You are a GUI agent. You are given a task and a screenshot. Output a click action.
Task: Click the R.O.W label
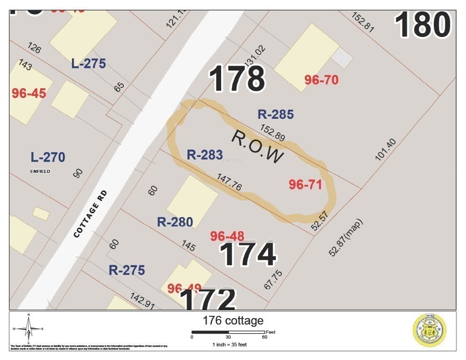[x=258, y=147]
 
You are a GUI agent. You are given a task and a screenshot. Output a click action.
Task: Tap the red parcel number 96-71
[x=305, y=184]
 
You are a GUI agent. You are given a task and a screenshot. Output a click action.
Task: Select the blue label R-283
[x=204, y=155]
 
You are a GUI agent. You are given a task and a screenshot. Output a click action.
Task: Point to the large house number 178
[x=237, y=79]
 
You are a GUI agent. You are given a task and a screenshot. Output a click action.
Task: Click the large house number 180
[x=423, y=25]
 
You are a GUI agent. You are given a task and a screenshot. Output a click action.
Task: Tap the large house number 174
[x=248, y=255]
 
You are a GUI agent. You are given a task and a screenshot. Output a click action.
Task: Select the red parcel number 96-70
[x=321, y=80]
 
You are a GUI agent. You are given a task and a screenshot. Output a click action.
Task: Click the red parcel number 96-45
[x=29, y=93]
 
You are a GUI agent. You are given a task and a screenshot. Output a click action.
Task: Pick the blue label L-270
[x=48, y=157]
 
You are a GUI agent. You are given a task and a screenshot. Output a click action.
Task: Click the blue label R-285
[x=275, y=114]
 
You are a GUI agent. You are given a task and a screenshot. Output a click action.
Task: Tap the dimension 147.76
[x=229, y=182]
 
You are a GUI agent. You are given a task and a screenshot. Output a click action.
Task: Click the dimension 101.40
[x=385, y=150]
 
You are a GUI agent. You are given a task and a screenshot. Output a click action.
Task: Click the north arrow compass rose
[x=28, y=329]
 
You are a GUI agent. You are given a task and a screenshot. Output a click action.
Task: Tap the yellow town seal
[x=429, y=331]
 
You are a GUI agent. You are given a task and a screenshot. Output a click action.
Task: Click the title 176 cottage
[x=233, y=320]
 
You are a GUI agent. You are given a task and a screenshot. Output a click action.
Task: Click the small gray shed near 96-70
[x=342, y=57]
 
